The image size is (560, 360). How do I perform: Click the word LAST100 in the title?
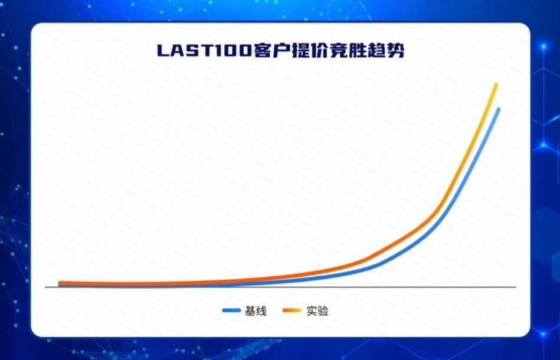[204, 51]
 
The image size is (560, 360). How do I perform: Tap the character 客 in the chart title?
[262, 51]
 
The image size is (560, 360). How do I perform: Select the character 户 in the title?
[281, 51]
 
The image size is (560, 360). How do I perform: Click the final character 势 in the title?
[395, 51]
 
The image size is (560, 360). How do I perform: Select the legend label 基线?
[256, 311]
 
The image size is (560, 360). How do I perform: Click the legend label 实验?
[317, 311]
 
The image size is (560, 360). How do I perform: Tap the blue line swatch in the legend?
[231, 310]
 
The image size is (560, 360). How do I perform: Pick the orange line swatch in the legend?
[292, 310]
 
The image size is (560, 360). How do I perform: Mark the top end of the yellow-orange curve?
[496, 85]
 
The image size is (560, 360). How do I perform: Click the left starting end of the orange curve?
[60, 283]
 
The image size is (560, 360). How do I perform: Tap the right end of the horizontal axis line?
[516, 287]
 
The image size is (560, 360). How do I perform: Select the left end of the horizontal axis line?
[45, 287]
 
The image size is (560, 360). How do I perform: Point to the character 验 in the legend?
[323, 311]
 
